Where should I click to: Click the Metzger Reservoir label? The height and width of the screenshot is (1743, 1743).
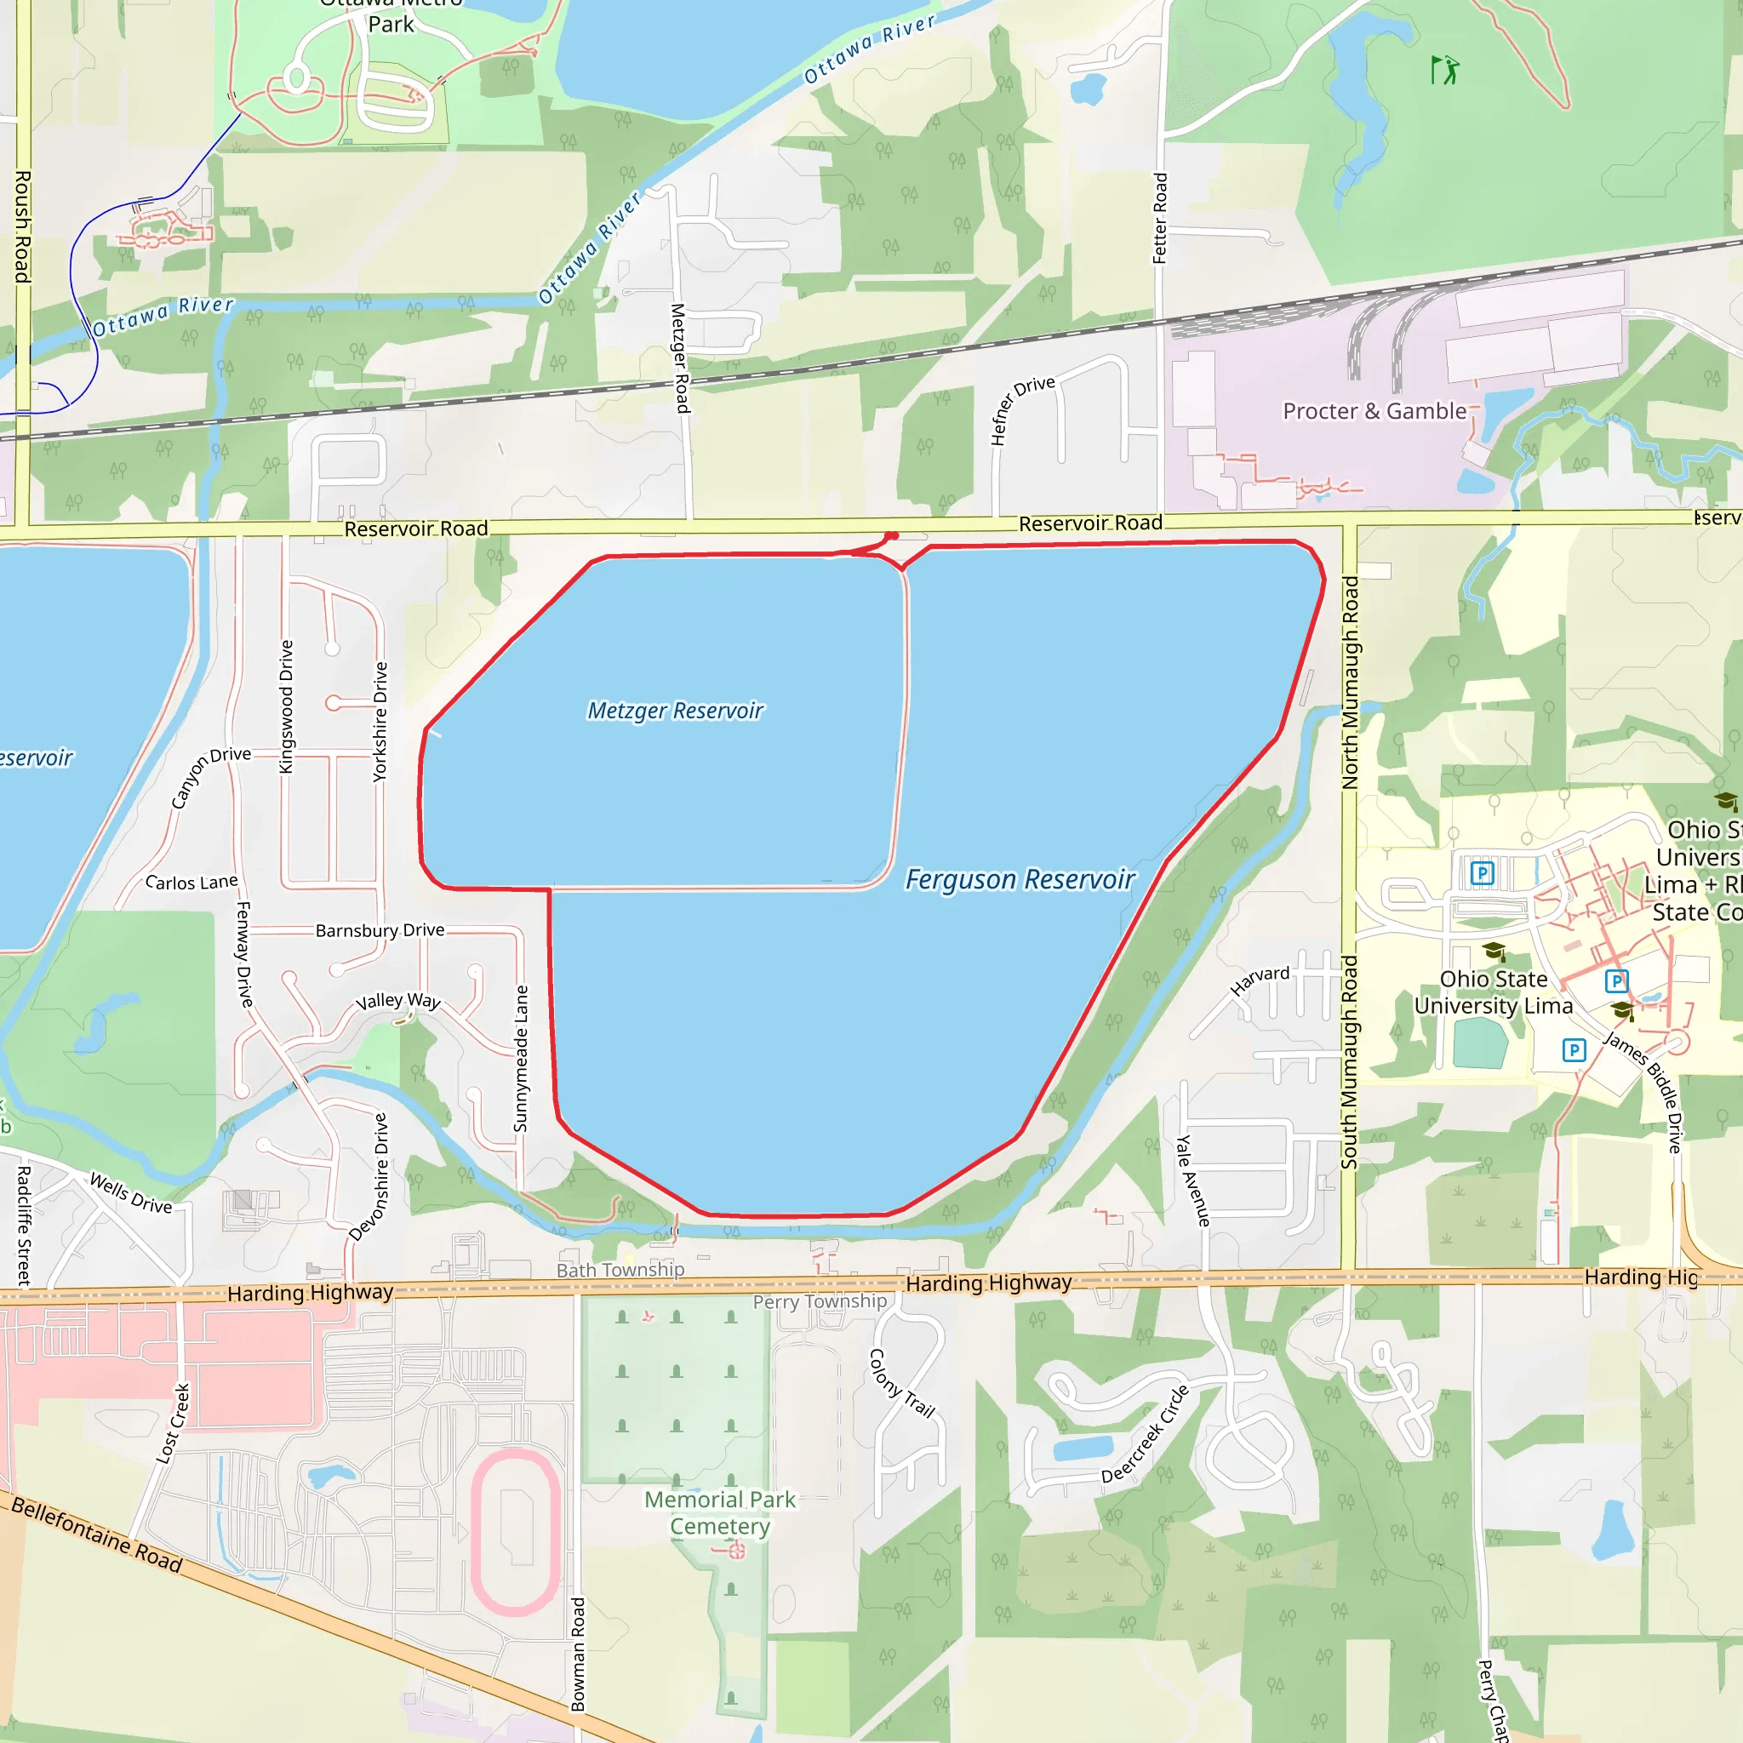(x=675, y=711)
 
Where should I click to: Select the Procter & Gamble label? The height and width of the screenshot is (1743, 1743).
(x=1374, y=411)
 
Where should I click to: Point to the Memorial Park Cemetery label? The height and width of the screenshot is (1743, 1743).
(x=720, y=1512)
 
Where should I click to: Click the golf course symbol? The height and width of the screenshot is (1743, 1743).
(x=1444, y=70)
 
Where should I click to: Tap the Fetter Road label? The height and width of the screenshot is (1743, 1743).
(x=1160, y=219)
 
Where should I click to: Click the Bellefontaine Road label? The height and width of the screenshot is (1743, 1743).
(x=96, y=1534)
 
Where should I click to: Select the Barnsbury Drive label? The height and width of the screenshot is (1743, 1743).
(x=380, y=930)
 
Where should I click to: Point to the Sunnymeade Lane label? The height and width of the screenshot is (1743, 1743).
(x=521, y=1058)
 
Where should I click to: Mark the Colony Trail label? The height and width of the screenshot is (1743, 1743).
(x=900, y=1383)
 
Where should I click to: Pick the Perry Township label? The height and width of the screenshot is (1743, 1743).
(x=820, y=1301)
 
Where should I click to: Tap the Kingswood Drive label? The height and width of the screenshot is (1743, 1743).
(x=287, y=706)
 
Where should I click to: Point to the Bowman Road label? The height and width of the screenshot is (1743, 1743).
(x=578, y=1654)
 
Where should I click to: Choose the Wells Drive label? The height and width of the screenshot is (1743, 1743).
(x=131, y=1192)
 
